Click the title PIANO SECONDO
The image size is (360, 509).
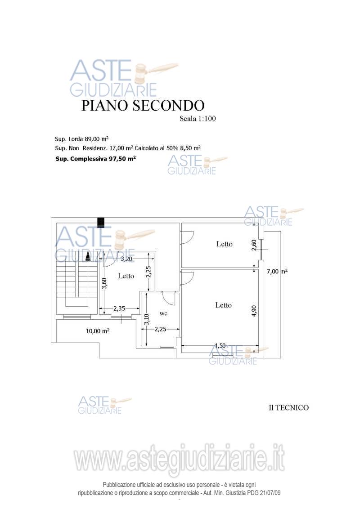click(143, 105)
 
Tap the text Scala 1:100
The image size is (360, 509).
click(198, 119)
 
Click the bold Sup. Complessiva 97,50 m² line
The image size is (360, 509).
click(95, 159)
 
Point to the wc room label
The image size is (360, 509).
click(163, 313)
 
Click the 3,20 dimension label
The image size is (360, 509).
click(127, 259)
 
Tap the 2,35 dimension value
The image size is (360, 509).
click(119, 308)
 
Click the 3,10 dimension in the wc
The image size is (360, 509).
click(146, 319)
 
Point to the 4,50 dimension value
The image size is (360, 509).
click(220, 346)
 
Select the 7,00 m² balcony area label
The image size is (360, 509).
click(277, 271)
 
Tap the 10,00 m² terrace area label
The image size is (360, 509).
click(98, 331)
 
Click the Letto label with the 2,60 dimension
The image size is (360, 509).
click(225, 244)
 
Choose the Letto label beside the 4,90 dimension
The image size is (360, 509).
click(223, 305)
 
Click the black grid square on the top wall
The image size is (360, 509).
click(101, 222)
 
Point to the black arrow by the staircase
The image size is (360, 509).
click(88, 257)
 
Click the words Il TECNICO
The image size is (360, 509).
click(288, 408)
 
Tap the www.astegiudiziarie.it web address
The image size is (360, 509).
click(180, 460)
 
